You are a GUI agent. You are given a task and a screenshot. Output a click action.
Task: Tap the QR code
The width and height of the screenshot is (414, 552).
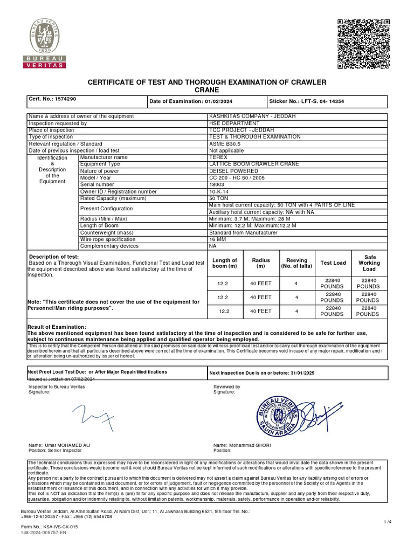pyautogui.click(x=363, y=44)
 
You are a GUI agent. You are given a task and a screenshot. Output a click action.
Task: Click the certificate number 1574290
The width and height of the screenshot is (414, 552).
pyautogui.click(x=64, y=99)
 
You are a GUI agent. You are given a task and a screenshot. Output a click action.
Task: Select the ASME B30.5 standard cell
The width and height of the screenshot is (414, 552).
pyautogui.click(x=225, y=144)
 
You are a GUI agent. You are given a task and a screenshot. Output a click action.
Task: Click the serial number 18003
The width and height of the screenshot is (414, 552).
pyautogui.click(x=216, y=184)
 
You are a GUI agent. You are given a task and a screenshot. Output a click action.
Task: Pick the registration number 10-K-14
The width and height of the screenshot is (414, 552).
pyautogui.click(x=218, y=191)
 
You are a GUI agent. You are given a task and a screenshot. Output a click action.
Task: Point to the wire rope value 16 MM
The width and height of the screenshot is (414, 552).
pyautogui.click(x=217, y=239)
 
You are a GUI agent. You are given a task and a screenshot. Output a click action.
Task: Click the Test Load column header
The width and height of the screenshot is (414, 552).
pyautogui.click(x=333, y=263)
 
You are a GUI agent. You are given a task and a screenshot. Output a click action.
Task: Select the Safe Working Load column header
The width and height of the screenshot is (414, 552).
pyautogui.click(x=369, y=263)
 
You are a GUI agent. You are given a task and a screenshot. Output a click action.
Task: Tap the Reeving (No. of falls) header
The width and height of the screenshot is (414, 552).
pyautogui.click(x=296, y=263)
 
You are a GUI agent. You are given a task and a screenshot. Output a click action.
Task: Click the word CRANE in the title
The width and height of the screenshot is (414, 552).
pyautogui.click(x=207, y=89)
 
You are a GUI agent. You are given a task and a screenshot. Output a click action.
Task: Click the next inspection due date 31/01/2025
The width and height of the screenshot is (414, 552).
pyautogui.click(x=292, y=372)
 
